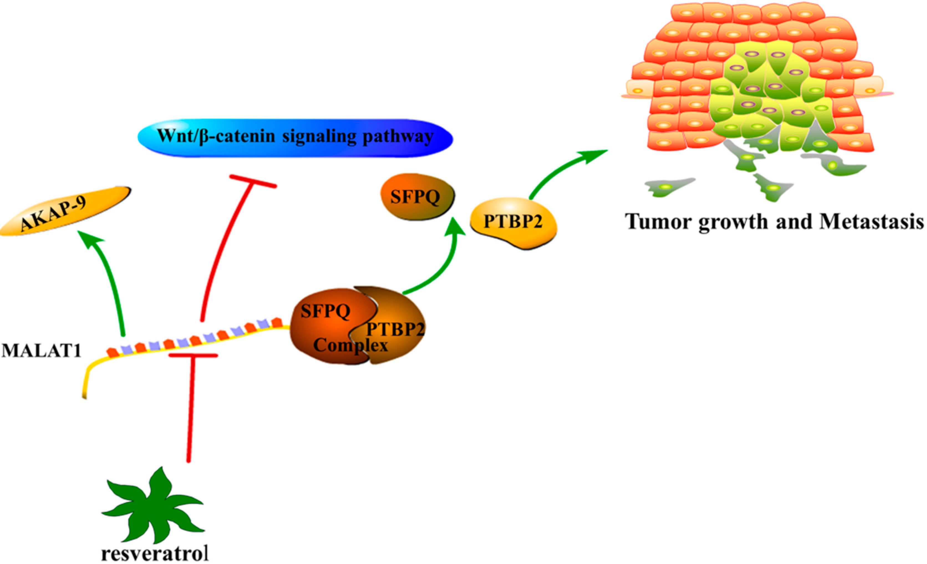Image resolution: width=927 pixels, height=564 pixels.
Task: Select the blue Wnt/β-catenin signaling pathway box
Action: click(x=295, y=138)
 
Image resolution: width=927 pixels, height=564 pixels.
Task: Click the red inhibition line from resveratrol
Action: click(x=191, y=410)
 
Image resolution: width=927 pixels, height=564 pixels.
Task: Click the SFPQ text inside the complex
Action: click(x=326, y=311)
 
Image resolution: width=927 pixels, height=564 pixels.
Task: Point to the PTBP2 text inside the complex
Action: click(x=395, y=329)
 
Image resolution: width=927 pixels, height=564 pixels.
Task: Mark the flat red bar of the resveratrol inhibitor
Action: click(x=193, y=355)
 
